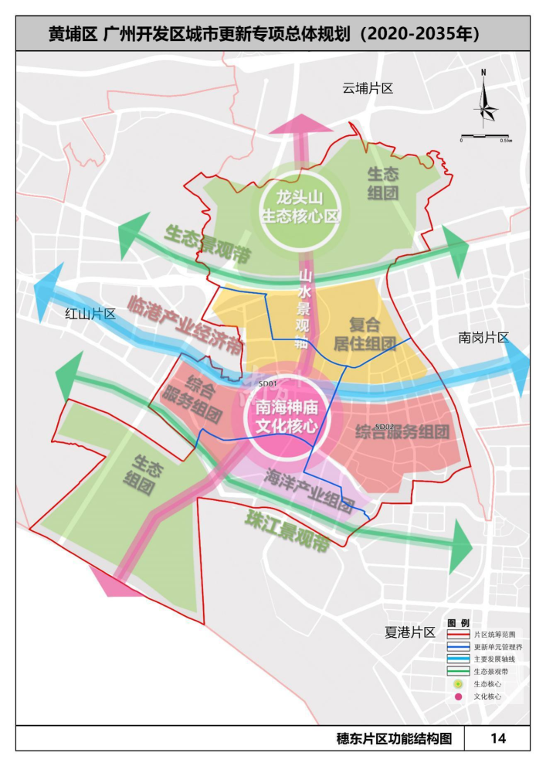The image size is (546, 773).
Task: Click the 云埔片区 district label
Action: point(368,88)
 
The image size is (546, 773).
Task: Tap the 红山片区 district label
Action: point(90,314)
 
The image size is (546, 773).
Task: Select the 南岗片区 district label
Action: point(483,338)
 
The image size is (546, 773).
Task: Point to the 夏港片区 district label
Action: point(410,632)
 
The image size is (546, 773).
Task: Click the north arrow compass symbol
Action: point(483,100)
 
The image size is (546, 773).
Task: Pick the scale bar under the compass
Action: point(484,137)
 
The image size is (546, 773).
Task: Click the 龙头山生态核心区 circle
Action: point(300,206)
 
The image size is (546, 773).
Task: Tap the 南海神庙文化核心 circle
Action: point(287,417)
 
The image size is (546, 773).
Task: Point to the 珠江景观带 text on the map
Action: point(287,532)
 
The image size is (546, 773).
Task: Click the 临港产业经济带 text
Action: point(185,323)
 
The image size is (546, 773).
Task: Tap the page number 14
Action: point(497,738)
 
